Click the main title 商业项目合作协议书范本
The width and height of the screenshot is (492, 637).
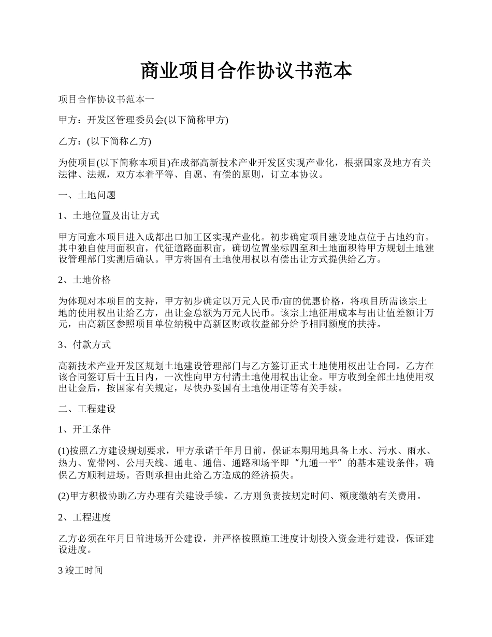pyautogui.click(x=246, y=71)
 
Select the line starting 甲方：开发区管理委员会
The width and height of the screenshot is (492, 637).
pyautogui.click(x=143, y=120)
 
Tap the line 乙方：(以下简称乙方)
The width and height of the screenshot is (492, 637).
pyautogui.click(x=105, y=141)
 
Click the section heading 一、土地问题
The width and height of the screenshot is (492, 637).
pyautogui.click(x=87, y=195)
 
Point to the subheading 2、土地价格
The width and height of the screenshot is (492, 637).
pyautogui.click(x=84, y=280)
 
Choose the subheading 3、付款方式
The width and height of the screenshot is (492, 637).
pyautogui.click(x=84, y=344)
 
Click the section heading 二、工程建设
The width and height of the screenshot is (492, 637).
pyautogui.click(x=87, y=409)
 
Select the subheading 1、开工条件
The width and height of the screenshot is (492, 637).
pyautogui.click(x=84, y=430)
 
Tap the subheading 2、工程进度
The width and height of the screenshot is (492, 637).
pyautogui.click(x=84, y=517)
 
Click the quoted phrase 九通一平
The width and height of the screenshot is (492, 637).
pyautogui.click(x=320, y=462)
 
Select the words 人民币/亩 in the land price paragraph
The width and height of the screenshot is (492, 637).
pyautogui.click(x=262, y=301)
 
